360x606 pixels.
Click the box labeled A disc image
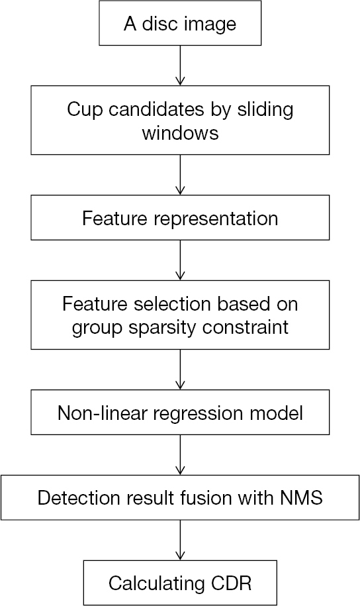180,24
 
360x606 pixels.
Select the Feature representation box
180,219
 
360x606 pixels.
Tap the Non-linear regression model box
180,414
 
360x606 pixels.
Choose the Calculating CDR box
180,583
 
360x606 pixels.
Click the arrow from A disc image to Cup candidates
180,67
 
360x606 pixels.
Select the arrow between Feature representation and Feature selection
180,260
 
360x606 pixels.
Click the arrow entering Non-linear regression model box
180,371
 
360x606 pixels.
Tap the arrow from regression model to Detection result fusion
180,454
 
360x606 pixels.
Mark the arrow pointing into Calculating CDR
180,540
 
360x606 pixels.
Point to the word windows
180,132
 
